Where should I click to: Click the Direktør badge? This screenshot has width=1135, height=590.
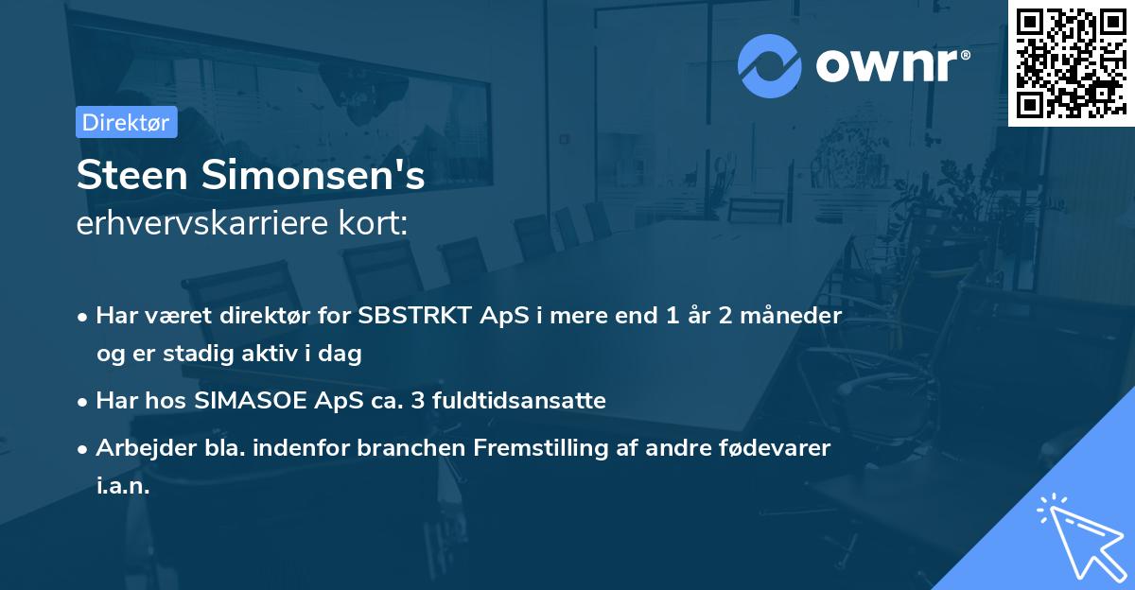point(126,122)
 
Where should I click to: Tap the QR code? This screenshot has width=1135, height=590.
point(1071,63)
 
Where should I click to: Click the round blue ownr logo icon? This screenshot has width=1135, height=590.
point(770,64)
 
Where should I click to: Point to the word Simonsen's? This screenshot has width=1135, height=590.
point(312,176)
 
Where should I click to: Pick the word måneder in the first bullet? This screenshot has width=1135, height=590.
point(794,316)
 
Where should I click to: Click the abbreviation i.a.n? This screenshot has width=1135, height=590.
point(123,486)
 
